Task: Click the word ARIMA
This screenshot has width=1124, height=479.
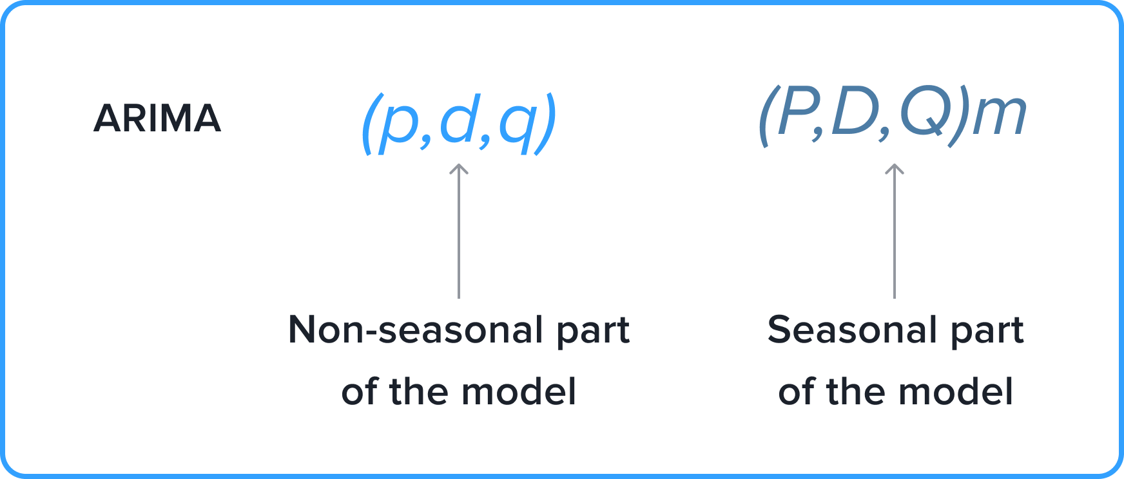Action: [x=157, y=118]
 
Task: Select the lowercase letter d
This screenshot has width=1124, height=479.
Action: [x=458, y=118]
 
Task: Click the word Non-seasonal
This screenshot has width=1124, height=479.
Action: [x=415, y=330]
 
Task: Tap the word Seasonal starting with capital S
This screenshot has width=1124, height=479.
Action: [x=851, y=330]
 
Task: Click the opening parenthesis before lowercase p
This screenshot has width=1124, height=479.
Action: [x=369, y=124]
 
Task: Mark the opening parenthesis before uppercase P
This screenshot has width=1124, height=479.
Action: [x=766, y=116]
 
